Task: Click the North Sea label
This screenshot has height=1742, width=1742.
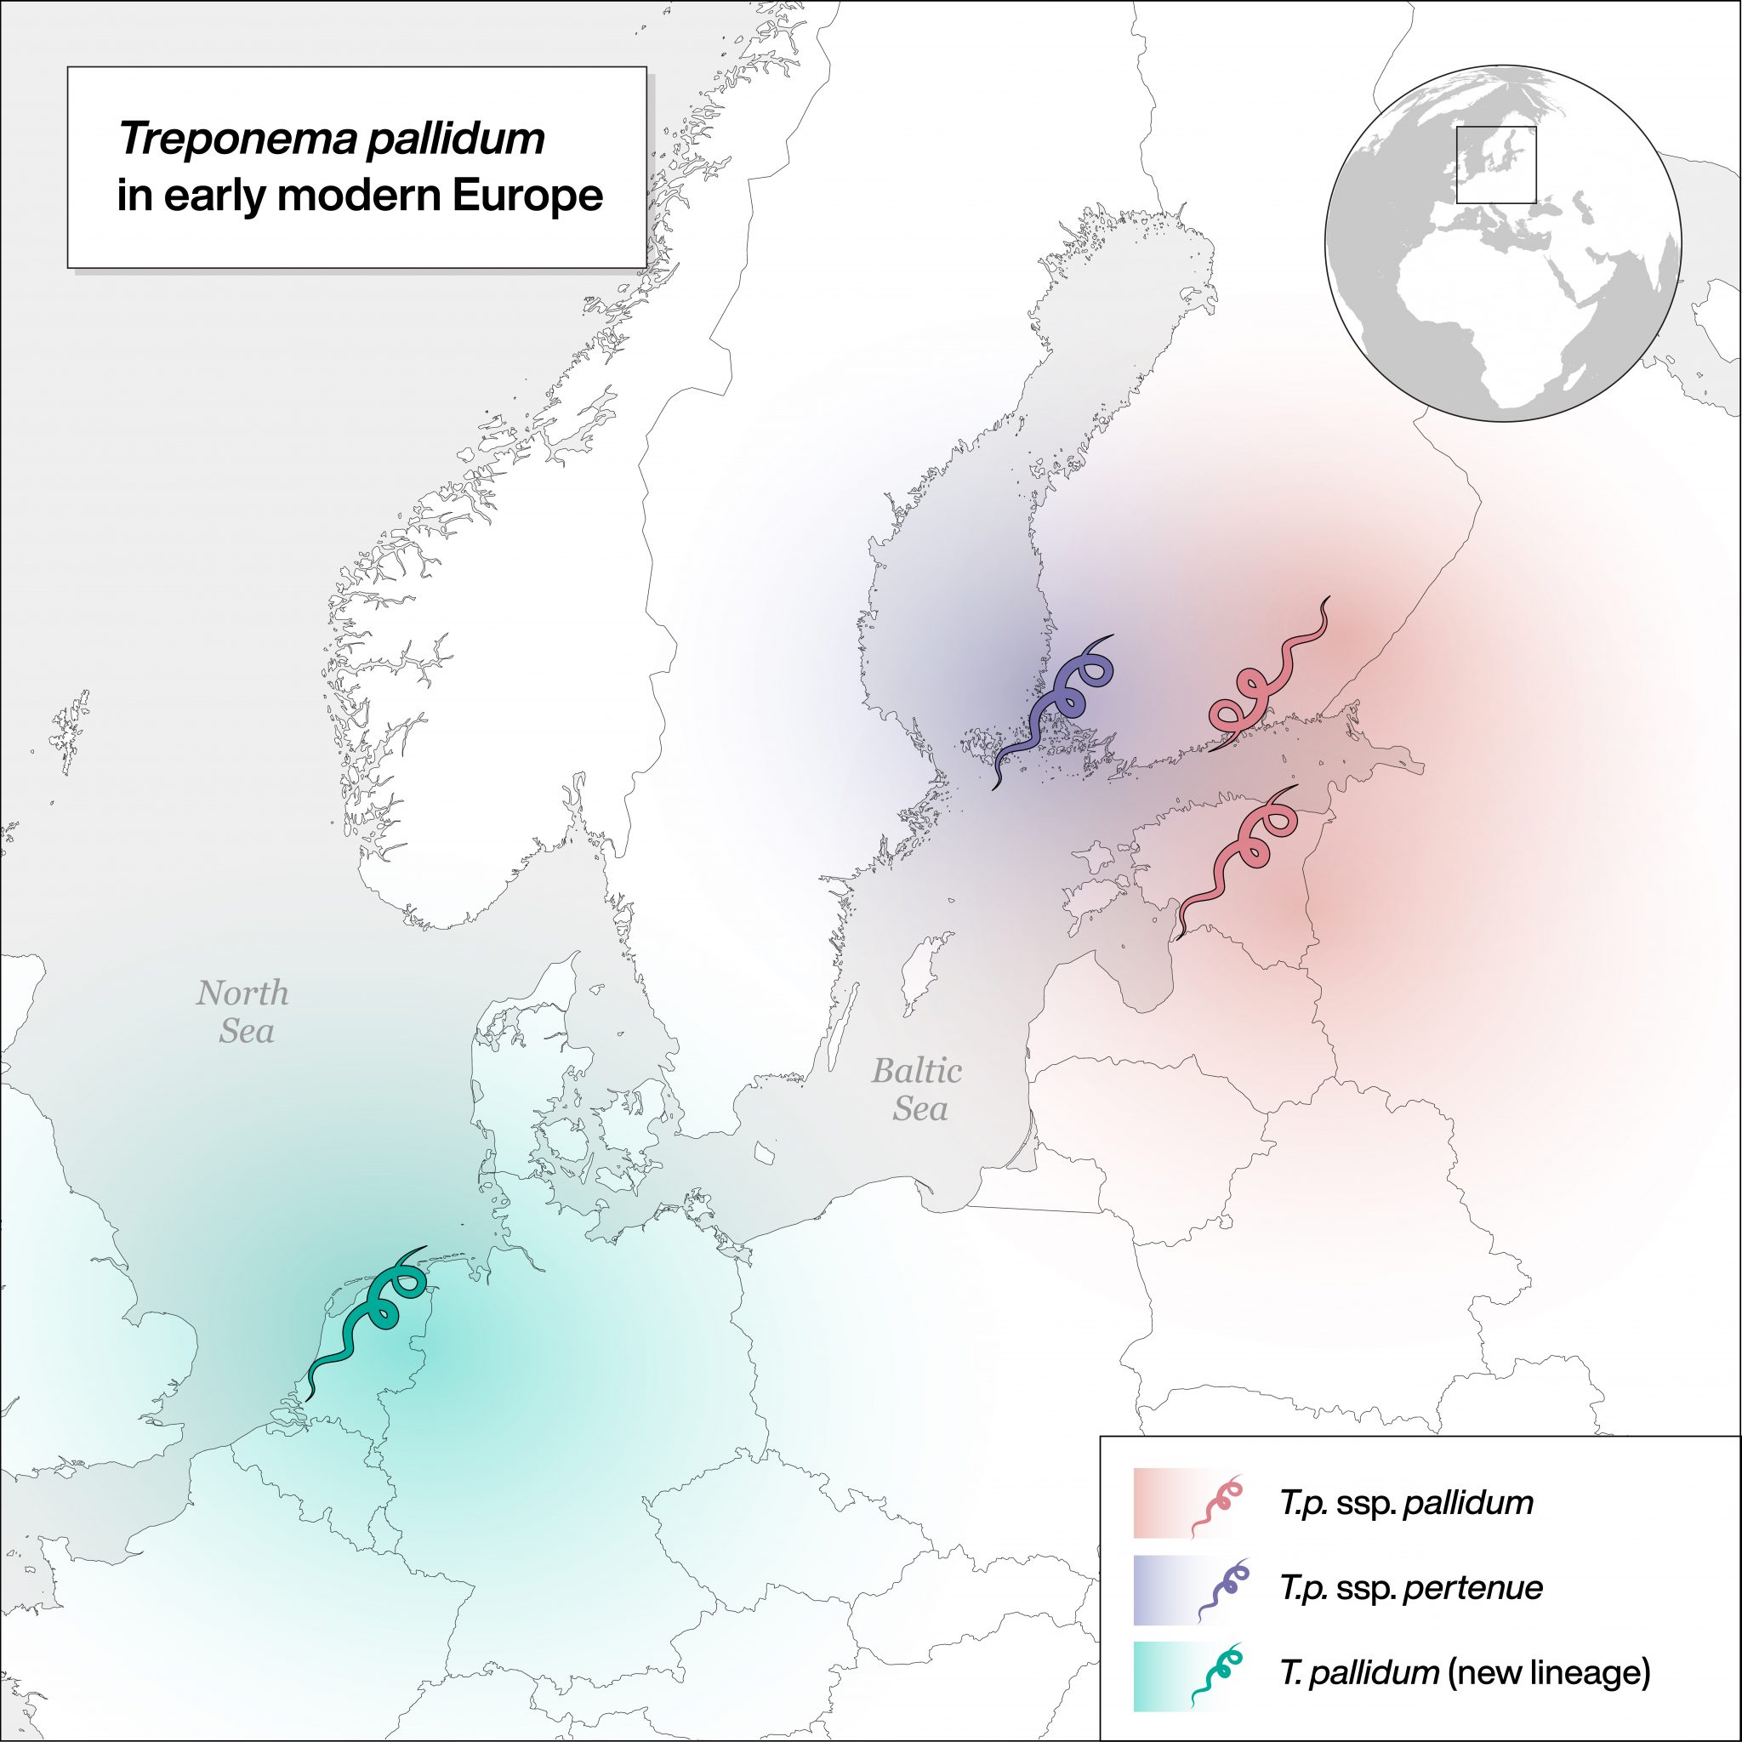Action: (x=243, y=1011)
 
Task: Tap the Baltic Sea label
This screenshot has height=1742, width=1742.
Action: (x=917, y=1090)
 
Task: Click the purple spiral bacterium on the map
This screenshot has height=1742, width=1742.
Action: (x=1053, y=709)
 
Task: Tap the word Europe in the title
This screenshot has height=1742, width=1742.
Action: (x=527, y=196)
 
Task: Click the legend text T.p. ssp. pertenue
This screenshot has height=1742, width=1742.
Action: (x=1411, y=1588)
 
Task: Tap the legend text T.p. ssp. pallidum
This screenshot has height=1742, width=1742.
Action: (x=1407, y=1503)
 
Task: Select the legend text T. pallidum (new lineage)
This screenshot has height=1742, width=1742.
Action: (x=1466, y=1672)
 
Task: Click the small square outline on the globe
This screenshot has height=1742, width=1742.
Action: (x=1496, y=165)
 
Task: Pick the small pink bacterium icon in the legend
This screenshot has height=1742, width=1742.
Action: (x=1217, y=1503)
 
